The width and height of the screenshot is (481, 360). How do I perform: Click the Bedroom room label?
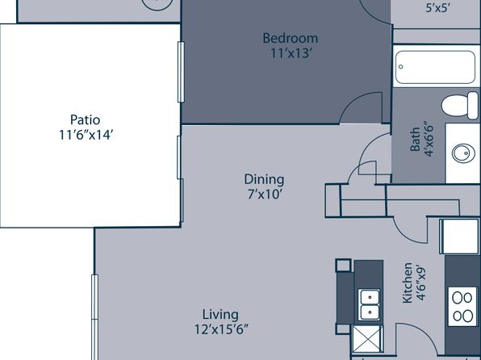click(x=291, y=39)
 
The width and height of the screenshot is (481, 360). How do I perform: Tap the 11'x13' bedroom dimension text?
click(x=291, y=53)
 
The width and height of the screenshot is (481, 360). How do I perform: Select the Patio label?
click(x=85, y=119)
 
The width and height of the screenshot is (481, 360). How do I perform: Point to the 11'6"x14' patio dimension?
click(x=86, y=135)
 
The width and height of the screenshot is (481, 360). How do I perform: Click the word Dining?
click(x=264, y=180)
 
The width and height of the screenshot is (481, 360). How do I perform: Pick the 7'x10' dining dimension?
click(x=265, y=194)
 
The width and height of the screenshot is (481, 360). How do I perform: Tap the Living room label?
click(x=220, y=315)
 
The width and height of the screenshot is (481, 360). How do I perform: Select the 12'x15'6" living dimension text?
click(x=221, y=329)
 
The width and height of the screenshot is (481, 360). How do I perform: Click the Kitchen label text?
click(x=408, y=283)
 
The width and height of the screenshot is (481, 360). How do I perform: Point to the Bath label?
click(x=415, y=140)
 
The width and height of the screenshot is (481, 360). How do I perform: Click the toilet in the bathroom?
click(x=459, y=106)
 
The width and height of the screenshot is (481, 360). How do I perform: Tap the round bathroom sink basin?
click(x=463, y=153)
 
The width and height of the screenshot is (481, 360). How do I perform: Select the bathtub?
click(x=435, y=67)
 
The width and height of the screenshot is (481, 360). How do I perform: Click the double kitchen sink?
click(x=370, y=305)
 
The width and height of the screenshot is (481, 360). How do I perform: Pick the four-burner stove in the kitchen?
click(x=462, y=307)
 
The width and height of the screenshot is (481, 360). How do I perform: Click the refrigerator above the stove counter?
click(x=459, y=237)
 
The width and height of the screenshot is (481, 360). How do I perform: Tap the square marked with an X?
click(x=367, y=339)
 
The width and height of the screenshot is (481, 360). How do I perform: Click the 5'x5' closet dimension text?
click(x=438, y=8)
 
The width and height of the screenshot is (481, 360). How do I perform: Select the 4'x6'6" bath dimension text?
click(x=429, y=140)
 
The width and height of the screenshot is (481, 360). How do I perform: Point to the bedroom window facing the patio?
click(x=181, y=72)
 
